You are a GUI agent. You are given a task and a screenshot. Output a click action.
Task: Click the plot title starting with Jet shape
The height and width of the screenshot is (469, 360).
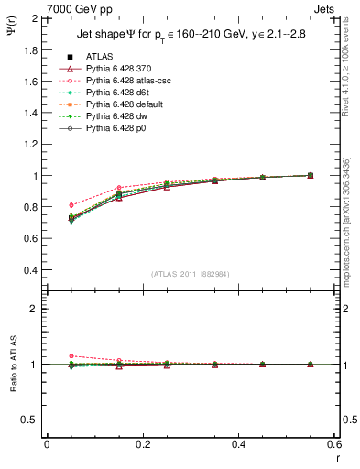point(189,36)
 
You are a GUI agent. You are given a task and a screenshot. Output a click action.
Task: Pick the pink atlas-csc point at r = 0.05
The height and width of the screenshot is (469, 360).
point(71,205)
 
